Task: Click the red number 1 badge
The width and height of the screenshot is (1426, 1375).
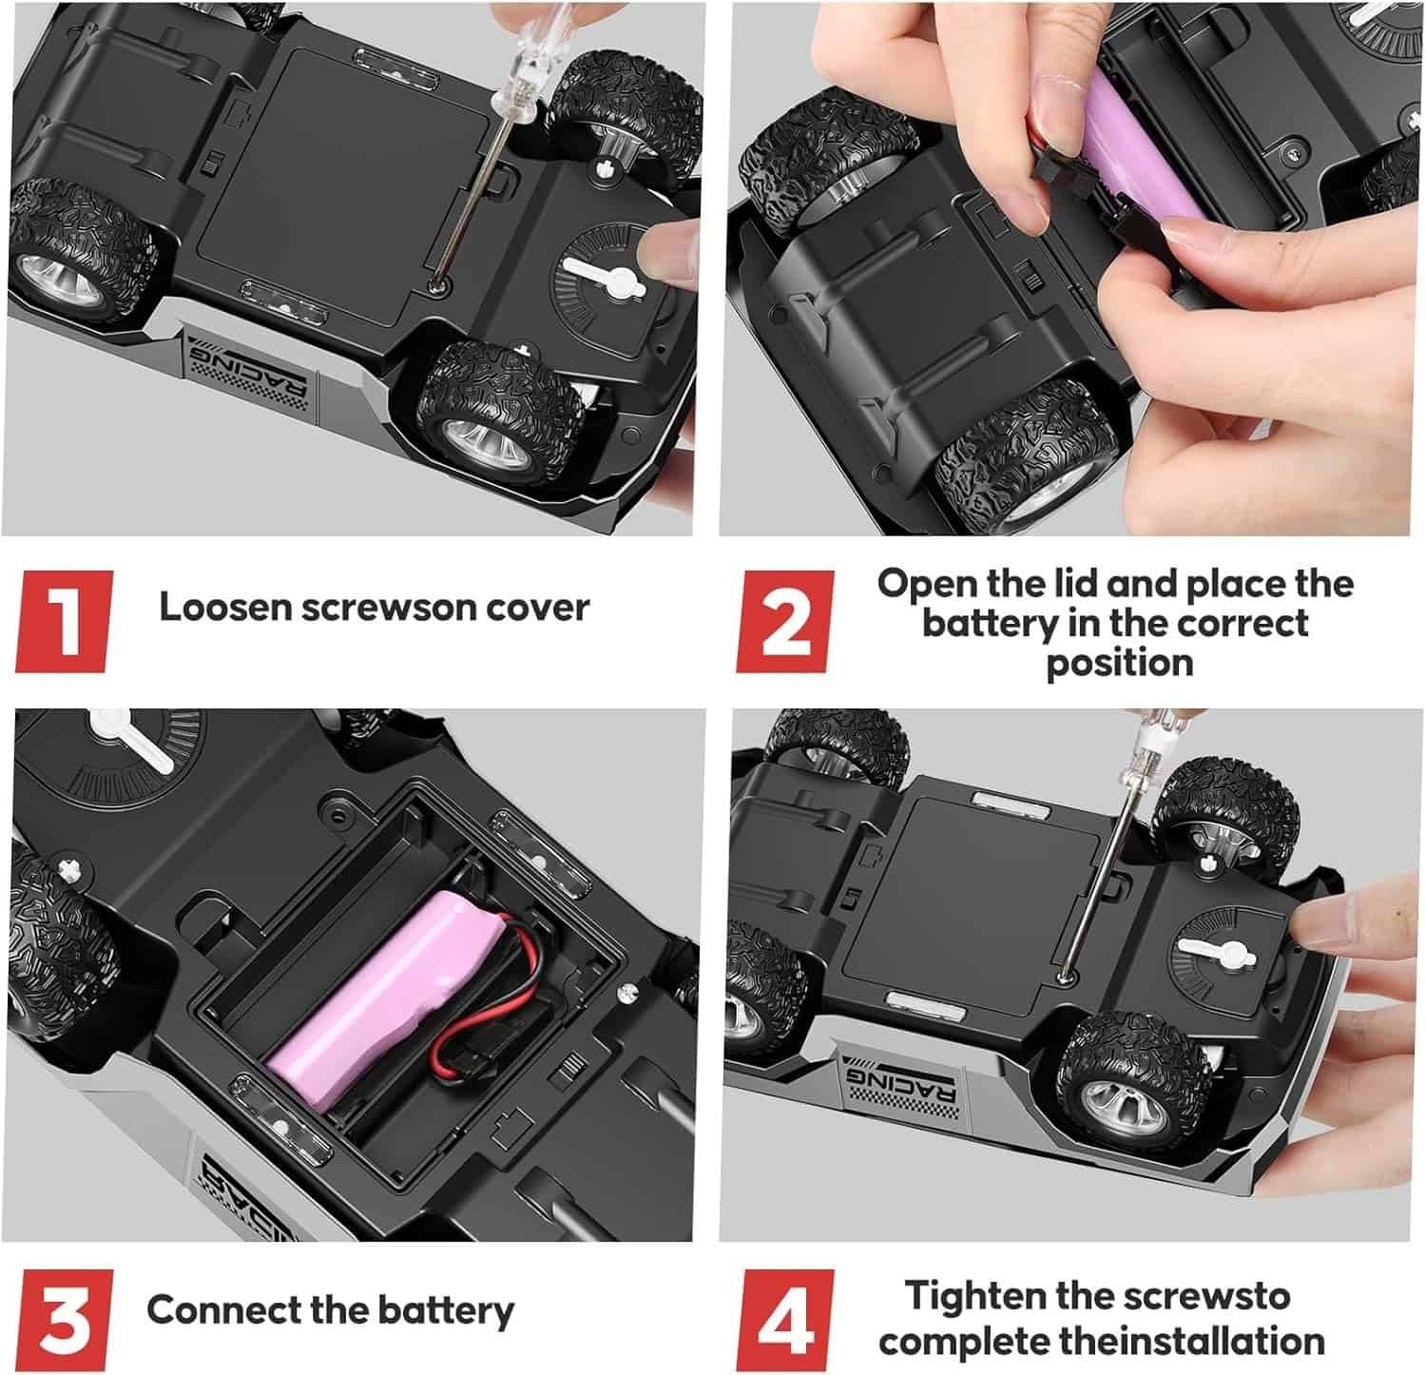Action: (64, 621)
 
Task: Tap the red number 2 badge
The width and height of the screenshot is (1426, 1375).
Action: (785, 621)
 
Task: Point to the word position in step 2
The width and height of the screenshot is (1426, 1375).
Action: (1120, 662)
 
